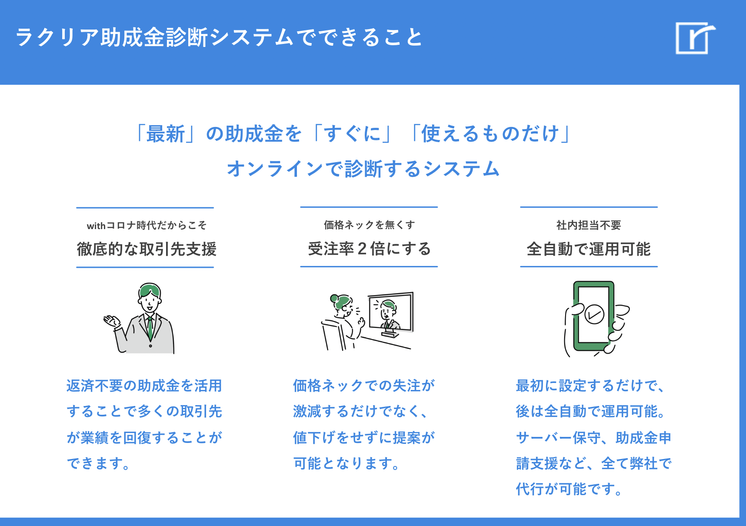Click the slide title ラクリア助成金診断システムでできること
(x=219, y=37)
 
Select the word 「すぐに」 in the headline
(x=352, y=133)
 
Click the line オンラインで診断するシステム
(x=363, y=169)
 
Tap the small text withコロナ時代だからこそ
(x=147, y=226)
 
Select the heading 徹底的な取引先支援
(x=147, y=249)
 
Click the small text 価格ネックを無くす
(x=369, y=225)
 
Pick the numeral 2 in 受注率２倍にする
(x=362, y=249)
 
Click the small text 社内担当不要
(x=589, y=225)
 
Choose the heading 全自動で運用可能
(x=589, y=249)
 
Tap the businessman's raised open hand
(x=111, y=321)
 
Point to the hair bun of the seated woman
(x=334, y=298)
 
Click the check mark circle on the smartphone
(x=594, y=314)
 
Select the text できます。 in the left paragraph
(x=98, y=463)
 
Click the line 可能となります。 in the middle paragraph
(x=346, y=463)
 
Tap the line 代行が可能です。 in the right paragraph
(x=569, y=489)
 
